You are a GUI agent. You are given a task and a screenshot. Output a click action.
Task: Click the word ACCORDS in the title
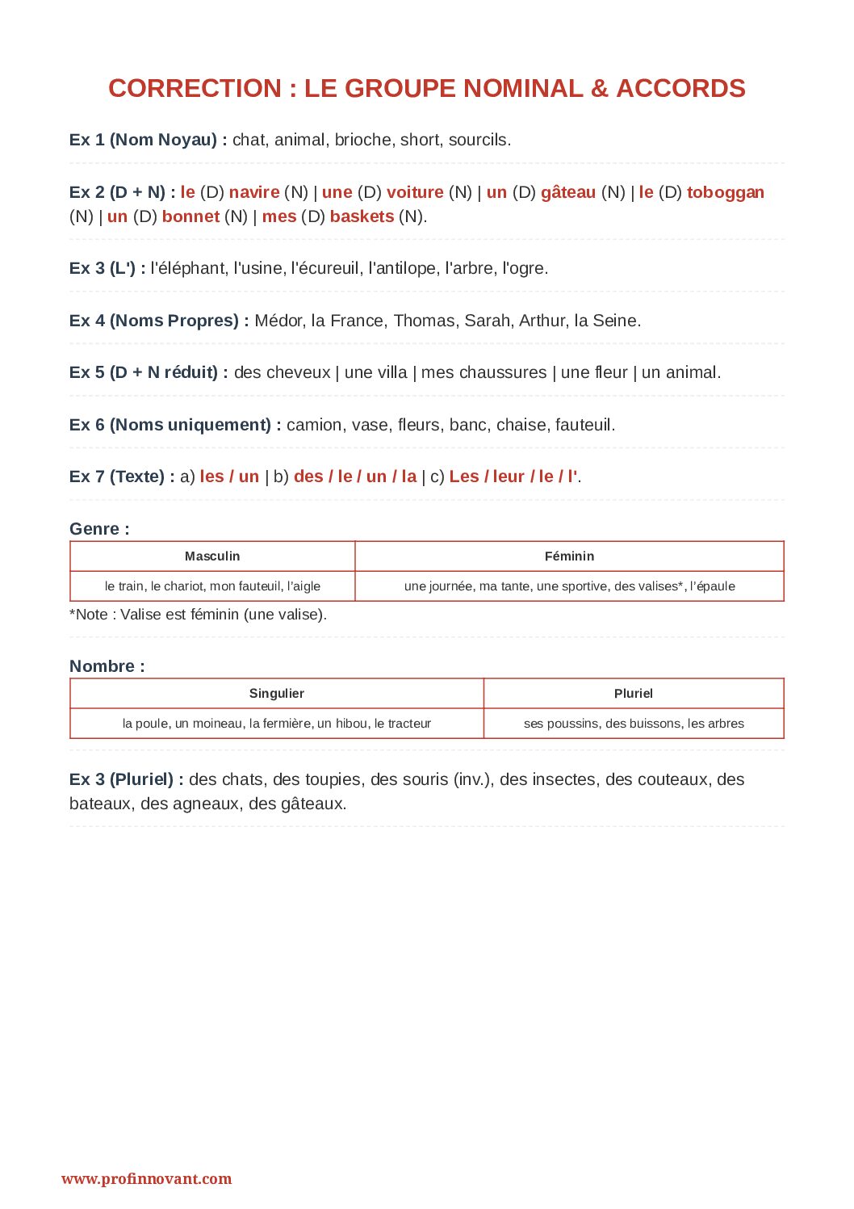pyautogui.click(x=680, y=88)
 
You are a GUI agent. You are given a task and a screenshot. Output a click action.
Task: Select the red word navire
pyautogui.click(x=254, y=192)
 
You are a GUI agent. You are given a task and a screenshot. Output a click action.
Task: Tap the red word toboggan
pyautogui.click(x=725, y=192)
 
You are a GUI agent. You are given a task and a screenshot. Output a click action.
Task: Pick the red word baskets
pyautogui.click(x=362, y=216)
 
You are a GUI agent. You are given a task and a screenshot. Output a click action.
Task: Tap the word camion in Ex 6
pyautogui.click(x=314, y=425)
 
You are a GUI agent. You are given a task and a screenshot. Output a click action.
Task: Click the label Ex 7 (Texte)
pyautogui.click(x=121, y=476)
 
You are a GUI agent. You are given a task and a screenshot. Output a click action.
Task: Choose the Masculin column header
pyautogui.click(x=212, y=556)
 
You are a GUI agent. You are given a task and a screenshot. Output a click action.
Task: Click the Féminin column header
pyautogui.click(x=569, y=556)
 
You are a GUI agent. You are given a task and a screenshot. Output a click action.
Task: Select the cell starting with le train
pyautogui.click(x=212, y=586)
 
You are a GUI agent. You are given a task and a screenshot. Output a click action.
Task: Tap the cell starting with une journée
pyautogui.click(x=569, y=586)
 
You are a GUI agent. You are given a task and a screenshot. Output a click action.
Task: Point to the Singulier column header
pyautogui.click(x=277, y=693)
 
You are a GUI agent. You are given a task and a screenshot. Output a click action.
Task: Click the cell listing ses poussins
pyautogui.click(x=634, y=724)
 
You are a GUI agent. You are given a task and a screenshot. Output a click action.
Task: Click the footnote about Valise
pyautogui.click(x=198, y=615)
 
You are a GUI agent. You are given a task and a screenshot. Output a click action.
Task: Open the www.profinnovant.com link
pyautogui.click(x=146, y=1179)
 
